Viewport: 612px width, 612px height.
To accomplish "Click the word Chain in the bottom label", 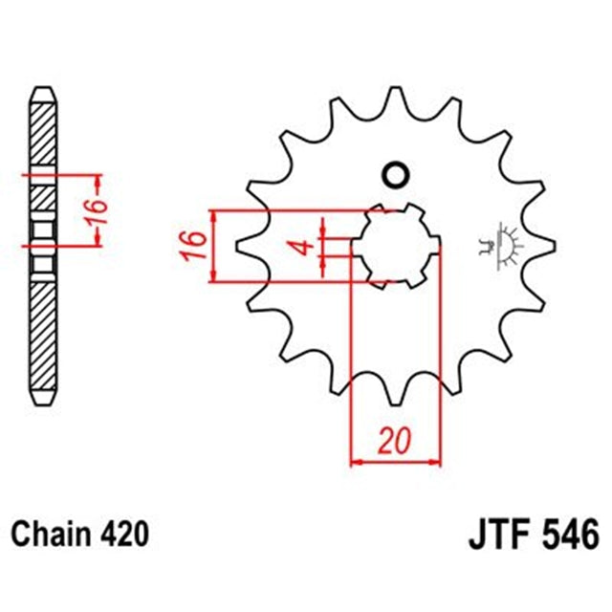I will [x=47, y=533].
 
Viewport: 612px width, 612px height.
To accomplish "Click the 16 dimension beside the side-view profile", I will [x=88, y=211].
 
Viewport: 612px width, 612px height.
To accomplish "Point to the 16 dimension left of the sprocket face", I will [x=192, y=246].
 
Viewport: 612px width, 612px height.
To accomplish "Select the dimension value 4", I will [x=303, y=246].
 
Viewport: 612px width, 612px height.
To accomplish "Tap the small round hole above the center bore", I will [x=394, y=175].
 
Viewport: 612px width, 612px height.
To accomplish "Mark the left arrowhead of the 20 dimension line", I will [x=357, y=462].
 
